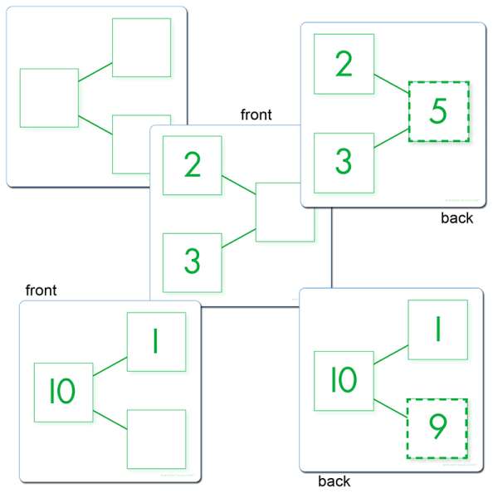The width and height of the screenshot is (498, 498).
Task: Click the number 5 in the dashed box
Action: click(438, 110)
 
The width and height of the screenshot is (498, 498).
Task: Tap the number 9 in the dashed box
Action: click(438, 427)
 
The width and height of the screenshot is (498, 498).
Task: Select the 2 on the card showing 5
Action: click(344, 64)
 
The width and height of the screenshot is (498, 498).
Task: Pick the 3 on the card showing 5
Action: click(344, 162)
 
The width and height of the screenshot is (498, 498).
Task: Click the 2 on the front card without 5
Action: click(193, 164)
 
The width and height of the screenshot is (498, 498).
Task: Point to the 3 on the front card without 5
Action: click(193, 261)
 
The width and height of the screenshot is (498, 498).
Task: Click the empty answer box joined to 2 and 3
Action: click(286, 212)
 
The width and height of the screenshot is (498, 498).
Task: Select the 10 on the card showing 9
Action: click(344, 379)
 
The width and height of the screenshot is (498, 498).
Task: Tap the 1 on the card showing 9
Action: click(438, 329)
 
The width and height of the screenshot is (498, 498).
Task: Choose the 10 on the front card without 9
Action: click(62, 391)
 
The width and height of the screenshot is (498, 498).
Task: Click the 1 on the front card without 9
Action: click(156, 341)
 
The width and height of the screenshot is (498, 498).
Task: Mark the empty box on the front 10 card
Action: click(157, 439)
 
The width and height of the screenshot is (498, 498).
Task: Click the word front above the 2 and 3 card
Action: click(256, 115)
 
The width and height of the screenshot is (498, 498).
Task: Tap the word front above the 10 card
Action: click(41, 290)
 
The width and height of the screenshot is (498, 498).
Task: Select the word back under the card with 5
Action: click(457, 217)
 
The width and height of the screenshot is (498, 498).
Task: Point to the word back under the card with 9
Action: click(334, 481)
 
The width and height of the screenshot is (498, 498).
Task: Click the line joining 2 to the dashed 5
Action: click(391, 84)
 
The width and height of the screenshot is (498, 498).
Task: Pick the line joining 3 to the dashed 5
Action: click(391, 138)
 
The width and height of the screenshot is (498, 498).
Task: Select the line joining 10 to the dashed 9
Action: click(391, 408)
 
